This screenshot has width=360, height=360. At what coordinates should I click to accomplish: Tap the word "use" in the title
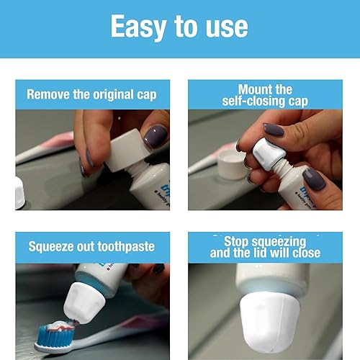225,27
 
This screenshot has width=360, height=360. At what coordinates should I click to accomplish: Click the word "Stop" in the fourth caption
238,241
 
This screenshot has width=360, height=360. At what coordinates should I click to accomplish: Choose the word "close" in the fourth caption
303,253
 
